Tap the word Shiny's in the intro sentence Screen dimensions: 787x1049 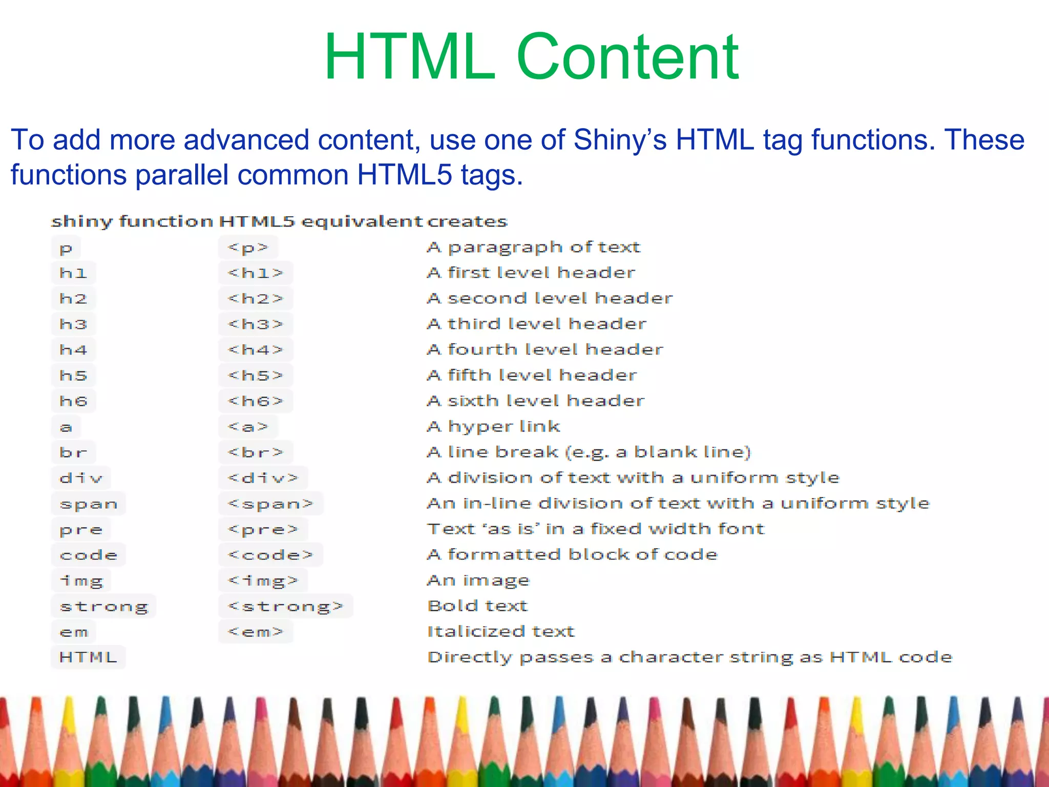tap(620, 140)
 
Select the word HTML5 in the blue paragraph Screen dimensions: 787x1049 tap(405, 175)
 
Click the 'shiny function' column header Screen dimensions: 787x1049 tap(132, 221)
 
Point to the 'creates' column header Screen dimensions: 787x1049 tap(467, 221)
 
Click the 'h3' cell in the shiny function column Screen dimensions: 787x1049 tap(73, 324)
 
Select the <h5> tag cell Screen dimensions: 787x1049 tap(255, 376)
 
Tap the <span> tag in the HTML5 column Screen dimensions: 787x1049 tap(270, 504)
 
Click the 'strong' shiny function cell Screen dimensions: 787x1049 tap(103, 606)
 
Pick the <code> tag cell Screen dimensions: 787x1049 tap(270, 555)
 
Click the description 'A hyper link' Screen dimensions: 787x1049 tap(493, 426)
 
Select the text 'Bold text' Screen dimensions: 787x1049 tap(477, 606)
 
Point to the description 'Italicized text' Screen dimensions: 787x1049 tap(501, 631)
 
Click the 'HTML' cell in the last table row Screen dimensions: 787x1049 tap(88, 657)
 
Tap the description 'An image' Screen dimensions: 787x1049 tap(478, 580)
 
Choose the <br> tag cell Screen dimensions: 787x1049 tap(255, 452)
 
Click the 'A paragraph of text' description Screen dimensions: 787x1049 tap(533, 247)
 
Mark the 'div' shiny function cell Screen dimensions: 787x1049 tap(80, 478)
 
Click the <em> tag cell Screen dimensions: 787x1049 tap(255, 632)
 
